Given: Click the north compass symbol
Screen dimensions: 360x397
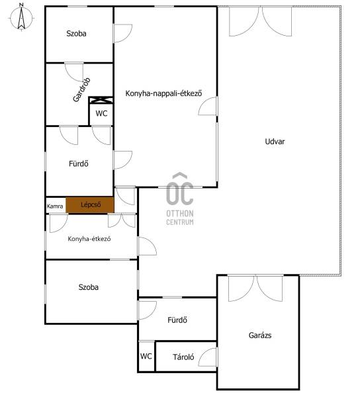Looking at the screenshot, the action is coord(22,17).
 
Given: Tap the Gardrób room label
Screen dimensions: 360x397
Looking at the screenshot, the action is coord(81,89).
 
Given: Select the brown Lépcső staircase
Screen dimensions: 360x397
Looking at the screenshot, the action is coord(90,205).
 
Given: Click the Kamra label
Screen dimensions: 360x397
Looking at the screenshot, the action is coord(55,206).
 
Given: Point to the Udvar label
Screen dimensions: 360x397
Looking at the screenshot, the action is coord(275,142).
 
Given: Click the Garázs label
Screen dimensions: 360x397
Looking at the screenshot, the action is coord(260,335).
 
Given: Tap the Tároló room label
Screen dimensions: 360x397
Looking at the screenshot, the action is coord(183,357).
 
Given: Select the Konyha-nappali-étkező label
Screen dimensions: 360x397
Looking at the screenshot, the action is coord(164,93).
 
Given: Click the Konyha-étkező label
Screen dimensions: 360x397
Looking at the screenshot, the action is coord(89,239).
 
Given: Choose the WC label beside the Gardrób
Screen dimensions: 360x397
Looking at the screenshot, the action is coord(101,113).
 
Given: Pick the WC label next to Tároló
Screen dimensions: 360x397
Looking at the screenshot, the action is coord(146,356).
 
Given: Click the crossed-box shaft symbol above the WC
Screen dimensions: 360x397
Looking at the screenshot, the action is coord(101,100).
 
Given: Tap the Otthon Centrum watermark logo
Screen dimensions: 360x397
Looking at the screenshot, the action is coord(180,199).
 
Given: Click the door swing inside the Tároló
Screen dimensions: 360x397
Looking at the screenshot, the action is coord(208,357).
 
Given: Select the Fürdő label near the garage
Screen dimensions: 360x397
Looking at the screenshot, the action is coord(177,320).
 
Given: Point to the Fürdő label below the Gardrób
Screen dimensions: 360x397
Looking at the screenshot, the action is coord(79,163).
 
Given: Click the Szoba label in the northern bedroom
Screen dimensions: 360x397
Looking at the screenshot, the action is coord(76,34).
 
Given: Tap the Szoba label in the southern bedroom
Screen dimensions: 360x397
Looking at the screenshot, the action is coord(89,287).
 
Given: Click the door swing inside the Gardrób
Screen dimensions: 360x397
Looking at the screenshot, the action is coord(74,72).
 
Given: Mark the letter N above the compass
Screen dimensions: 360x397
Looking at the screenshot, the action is coord(22,5).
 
